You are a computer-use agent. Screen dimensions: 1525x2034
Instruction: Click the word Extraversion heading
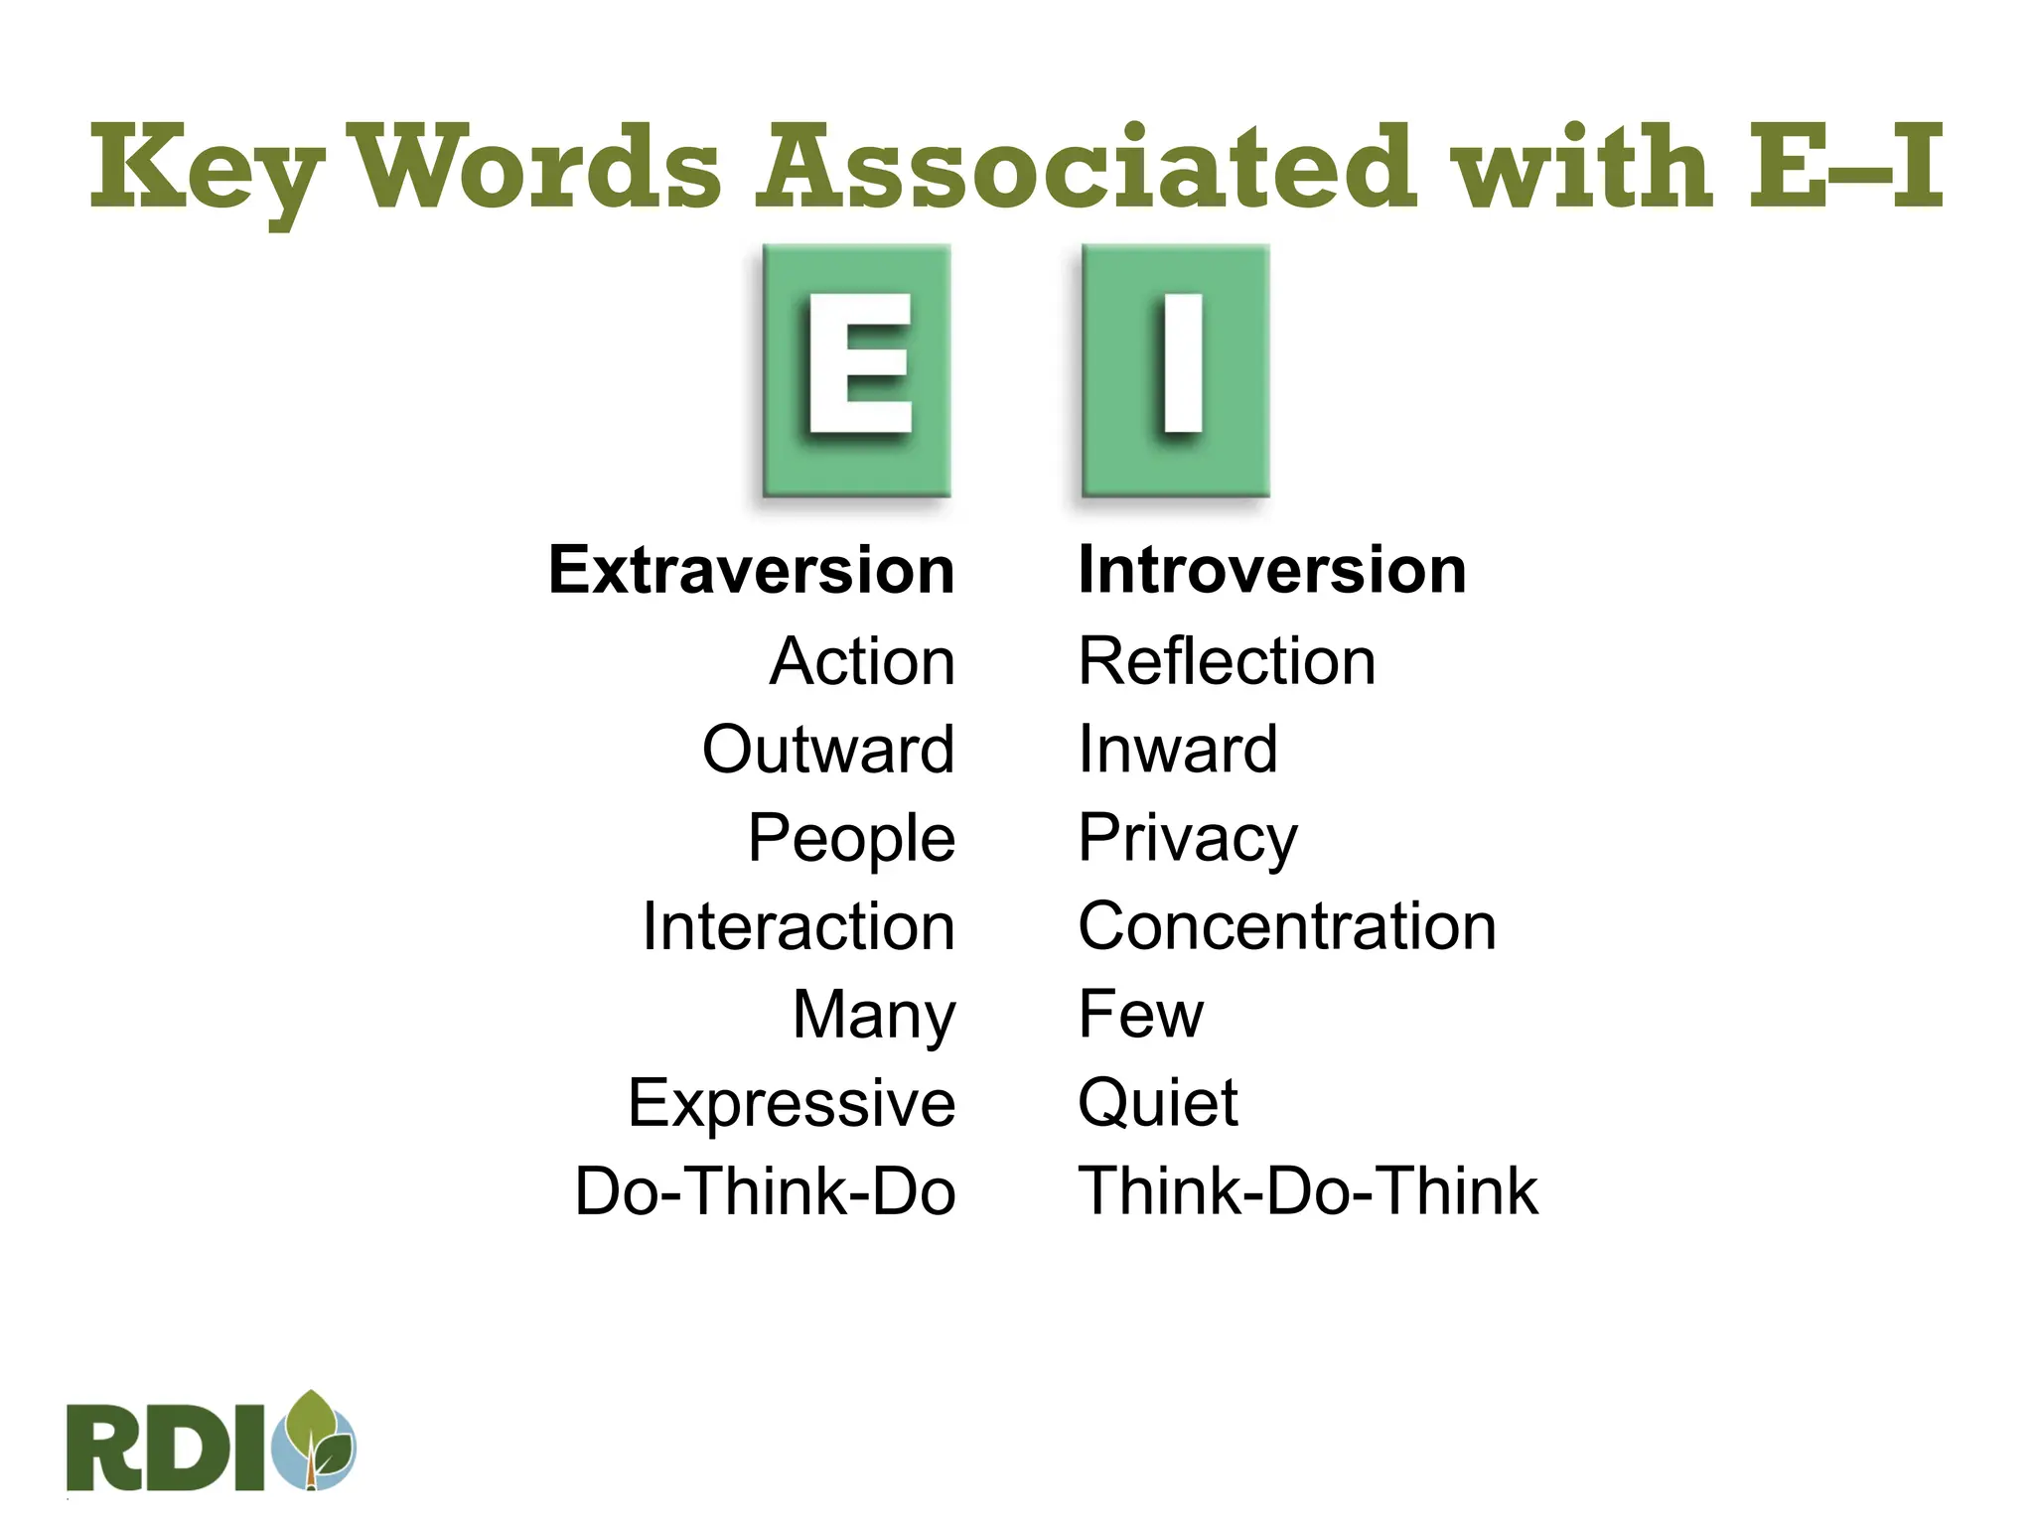pos(752,571)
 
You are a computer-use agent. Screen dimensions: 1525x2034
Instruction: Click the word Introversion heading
pos(1272,571)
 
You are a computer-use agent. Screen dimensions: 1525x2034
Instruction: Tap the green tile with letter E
pos(857,370)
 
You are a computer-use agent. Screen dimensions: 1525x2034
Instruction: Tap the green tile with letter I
pos(1176,370)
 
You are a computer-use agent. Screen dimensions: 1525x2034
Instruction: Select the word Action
pos(862,661)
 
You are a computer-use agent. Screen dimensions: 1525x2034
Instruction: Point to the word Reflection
pos(1228,661)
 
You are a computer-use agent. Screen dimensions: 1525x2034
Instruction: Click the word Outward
pos(828,750)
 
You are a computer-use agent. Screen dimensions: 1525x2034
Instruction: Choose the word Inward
pos(1178,750)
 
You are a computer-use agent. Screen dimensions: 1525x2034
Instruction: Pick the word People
pos(851,839)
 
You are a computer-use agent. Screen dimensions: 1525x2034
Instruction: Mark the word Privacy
pos(1188,839)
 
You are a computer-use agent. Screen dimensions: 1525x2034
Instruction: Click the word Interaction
pos(799,927)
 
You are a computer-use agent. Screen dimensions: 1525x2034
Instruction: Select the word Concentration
pos(1287,927)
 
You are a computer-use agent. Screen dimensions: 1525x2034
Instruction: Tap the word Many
pos(874,1016)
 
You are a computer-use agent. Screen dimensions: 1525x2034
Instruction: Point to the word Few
pos(1141,1015)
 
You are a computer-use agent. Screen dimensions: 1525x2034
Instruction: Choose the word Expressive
pos(792,1104)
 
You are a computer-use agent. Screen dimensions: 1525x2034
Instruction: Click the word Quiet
pos(1158,1104)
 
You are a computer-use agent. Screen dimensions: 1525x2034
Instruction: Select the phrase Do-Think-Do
pos(765,1191)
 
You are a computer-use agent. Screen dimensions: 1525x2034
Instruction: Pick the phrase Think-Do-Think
pos(1308,1191)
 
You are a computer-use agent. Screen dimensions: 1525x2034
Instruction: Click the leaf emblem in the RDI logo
pos(318,1441)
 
